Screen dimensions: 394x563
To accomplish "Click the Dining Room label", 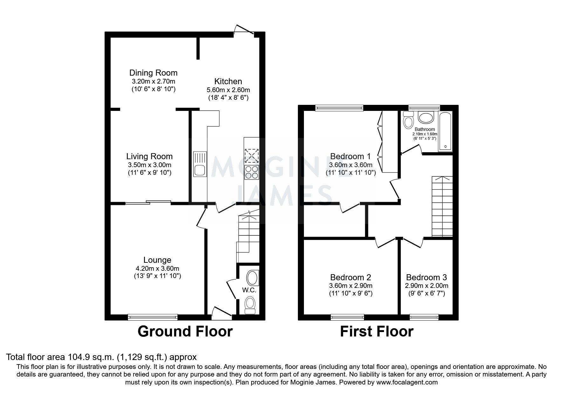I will [x=153, y=73].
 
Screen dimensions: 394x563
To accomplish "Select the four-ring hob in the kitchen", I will [x=251, y=172].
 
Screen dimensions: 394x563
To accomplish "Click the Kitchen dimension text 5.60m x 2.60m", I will [x=228, y=90].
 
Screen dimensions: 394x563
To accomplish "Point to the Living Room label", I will [x=149, y=156].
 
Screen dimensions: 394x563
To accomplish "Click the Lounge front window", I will [x=153, y=317].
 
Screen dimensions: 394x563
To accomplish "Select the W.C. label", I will [x=249, y=290].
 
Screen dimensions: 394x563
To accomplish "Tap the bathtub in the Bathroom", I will [x=445, y=131].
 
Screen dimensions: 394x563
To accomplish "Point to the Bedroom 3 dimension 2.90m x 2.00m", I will [x=426, y=286].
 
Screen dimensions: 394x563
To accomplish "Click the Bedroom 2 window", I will [x=347, y=317].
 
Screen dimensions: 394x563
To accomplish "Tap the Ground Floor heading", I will [x=185, y=331].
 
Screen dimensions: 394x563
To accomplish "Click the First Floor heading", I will [x=377, y=331].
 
